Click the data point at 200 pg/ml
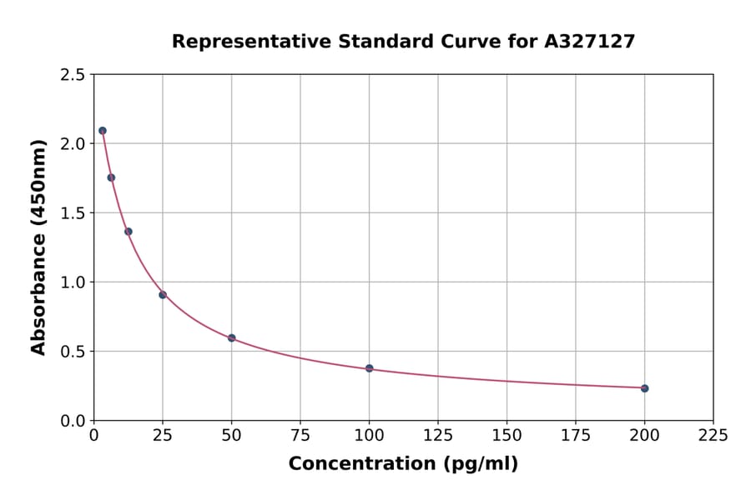[x=644, y=388]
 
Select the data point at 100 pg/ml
[x=369, y=368]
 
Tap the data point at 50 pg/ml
[x=232, y=338]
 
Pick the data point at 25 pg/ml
[x=163, y=295]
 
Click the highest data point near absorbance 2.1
[x=103, y=131]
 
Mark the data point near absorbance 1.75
[x=111, y=177]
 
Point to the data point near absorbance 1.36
[x=129, y=232]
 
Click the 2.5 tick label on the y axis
[x=73, y=75]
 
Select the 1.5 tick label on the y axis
[x=73, y=213]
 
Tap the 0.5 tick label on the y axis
[x=73, y=352]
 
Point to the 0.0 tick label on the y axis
[x=73, y=421]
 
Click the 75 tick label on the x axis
[x=300, y=435]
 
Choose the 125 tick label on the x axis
[x=438, y=435]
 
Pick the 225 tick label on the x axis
[x=713, y=435]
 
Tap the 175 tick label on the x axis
[x=576, y=435]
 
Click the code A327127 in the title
[x=590, y=42]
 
